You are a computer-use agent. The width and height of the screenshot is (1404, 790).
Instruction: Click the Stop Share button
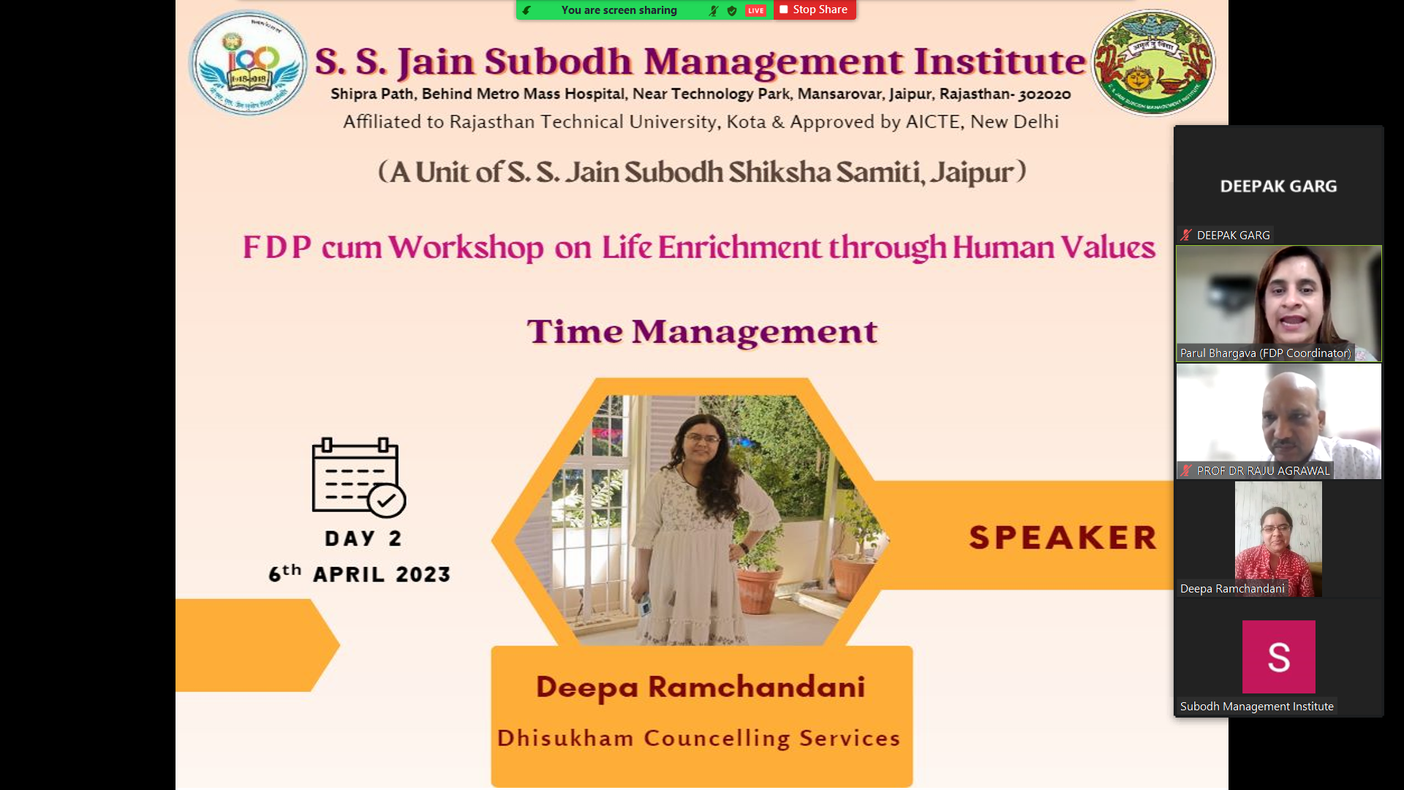[x=814, y=10]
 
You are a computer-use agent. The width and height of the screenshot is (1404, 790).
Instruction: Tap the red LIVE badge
[x=755, y=10]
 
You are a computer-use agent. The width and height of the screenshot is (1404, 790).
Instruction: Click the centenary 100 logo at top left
[x=248, y=64]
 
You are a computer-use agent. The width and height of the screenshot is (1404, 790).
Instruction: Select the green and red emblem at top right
[x=1152, y=64]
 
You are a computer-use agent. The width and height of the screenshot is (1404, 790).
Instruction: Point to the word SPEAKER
[x=1063, y=538]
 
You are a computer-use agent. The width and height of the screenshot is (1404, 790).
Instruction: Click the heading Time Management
[x=701, y=331]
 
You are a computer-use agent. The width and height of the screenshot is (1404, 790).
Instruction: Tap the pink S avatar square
[x=1278, y=657]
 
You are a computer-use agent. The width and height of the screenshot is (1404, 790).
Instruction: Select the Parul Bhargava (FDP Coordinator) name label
[x=1265, y=353]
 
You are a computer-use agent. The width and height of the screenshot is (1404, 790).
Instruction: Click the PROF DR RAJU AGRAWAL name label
[x=1262, y=471]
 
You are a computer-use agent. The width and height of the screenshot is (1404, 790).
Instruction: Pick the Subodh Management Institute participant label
[x=1256, y=707]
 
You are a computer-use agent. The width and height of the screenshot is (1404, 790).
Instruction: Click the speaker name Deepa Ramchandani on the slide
[x=701, y=687]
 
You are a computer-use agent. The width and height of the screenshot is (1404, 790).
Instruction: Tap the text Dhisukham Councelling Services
[x=698, y=738]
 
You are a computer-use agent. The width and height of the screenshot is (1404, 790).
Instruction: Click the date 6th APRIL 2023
[x=359, y=574]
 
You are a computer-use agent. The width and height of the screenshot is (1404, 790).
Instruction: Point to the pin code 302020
[x=1044, y=94]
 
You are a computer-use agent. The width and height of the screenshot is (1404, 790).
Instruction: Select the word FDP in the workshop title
[x=277, y=247]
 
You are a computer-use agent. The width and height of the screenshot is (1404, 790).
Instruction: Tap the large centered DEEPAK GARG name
[x=1278, y=187]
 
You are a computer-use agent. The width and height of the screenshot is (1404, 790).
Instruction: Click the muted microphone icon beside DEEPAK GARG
[x=1185, y=236]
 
